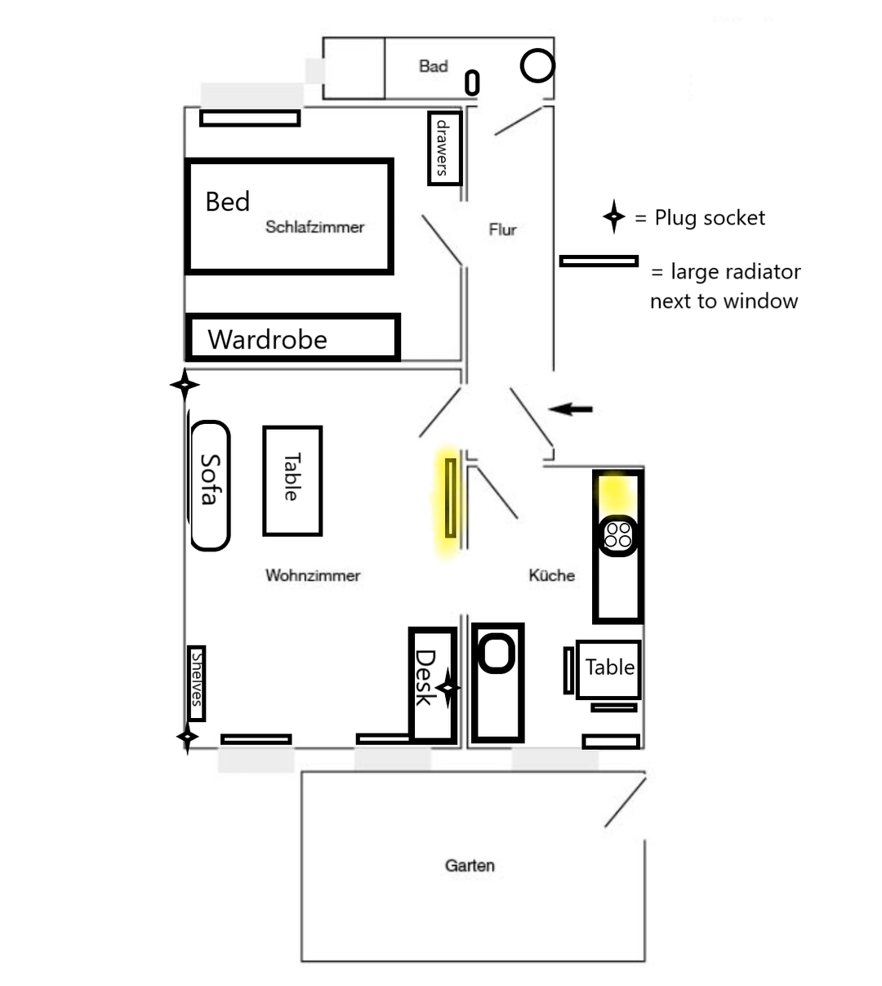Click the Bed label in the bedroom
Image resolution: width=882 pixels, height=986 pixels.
click(228, 202)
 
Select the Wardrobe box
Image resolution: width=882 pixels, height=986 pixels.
click(293, 337)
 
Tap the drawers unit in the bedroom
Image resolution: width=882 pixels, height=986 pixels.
click(444, 149)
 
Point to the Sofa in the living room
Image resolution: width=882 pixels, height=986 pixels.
click(210, 485)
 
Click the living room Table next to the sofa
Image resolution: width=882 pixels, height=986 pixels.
click(292, 481)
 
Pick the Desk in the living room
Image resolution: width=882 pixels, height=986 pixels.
click(433, 685)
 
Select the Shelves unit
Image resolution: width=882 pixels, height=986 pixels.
click(197, 683)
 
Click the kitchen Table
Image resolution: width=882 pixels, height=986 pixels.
click(608, 670)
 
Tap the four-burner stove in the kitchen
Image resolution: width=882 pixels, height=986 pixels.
click(618, 535)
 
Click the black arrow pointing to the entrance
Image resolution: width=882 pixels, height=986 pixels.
click(570, 408)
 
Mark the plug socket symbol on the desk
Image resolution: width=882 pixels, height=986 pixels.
click(448, 688)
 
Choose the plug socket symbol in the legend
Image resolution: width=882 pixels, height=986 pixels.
click(614, 216)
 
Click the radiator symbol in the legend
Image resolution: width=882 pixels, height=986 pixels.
click(599, 261)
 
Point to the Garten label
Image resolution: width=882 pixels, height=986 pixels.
click(470, 865)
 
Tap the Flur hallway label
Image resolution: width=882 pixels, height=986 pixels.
click(502, 230)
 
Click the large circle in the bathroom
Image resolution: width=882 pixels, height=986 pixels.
click(537, 65)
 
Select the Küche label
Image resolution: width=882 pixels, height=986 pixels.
click(552, 575)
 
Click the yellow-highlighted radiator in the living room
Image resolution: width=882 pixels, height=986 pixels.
click(451, 497)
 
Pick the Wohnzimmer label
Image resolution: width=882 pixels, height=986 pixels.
click(313, 575)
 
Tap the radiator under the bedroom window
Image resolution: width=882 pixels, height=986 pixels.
click(250, 118)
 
